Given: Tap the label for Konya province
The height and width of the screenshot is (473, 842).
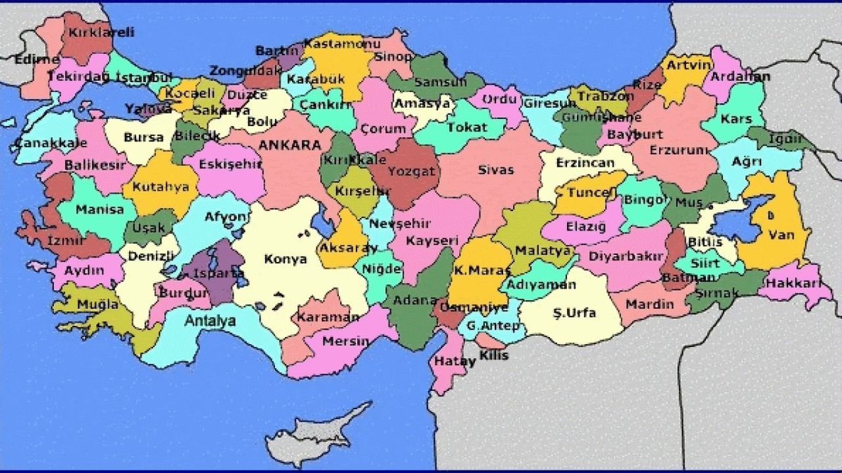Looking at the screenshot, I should pos(285,259).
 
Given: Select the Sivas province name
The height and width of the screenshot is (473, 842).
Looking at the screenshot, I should pos(496,170).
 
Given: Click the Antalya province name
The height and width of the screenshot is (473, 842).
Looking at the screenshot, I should pos(210,321).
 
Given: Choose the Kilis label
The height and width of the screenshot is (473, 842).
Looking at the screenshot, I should pos(495,355).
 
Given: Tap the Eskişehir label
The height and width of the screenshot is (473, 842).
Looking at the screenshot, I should pos(220,164).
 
